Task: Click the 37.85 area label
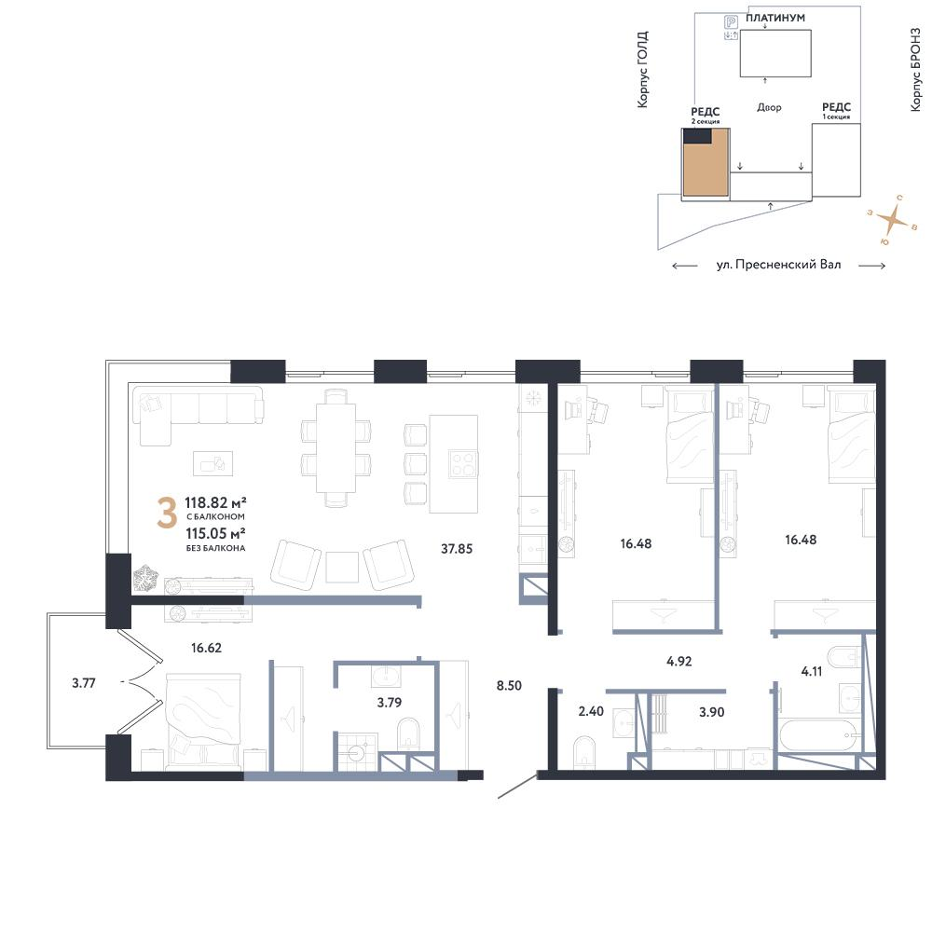pyautogui.click(x=457, y=549)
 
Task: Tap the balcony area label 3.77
pyautogui.click(x=84, y=683)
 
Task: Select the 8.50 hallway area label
pyautogui.click(x=509, y=685)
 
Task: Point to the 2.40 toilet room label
pyautogui.click(x=591, y=711)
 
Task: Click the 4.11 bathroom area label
pyautogui.click(x=812, y=672)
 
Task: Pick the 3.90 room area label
pyautogui.click(x=711, y=711)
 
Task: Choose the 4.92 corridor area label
pyautogui.click(x=678, y=661)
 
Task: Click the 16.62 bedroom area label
pyautogui.click(x=206, y=648)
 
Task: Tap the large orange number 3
pyautogui.click(x=167, y=514)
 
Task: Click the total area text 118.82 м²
pyautogui.click(x=216, y=503)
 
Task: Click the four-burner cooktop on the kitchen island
pyautogui.click(x=463, y=463)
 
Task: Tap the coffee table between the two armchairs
pyautogui.click(x=342, y=568)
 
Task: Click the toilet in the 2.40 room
pyautogui.click(x=585, y=750)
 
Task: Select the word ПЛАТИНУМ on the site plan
pyautogui.click(x=775, y=18)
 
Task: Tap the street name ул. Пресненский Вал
pyautogui.click(x=778, y=265)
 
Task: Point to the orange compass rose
pyautogui.click(x=894, y=221)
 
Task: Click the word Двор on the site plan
pyautogui.click(x=769, y=107)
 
